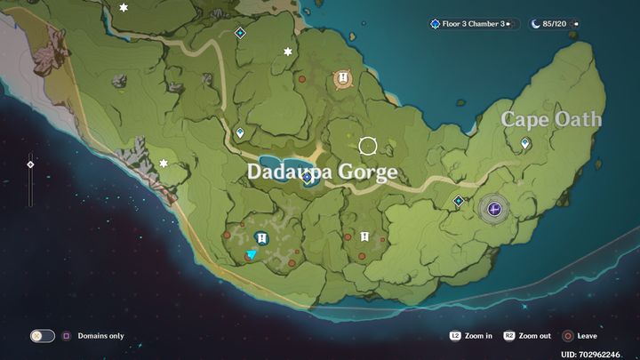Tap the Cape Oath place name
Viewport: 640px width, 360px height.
[551, 119]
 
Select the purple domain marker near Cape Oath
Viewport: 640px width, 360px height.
[495, 209]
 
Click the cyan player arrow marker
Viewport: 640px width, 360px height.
[252, 254]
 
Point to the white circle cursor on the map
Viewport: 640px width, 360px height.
[368, 145]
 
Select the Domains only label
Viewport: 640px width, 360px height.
[100, 336]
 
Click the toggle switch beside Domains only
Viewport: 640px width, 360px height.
[43, 336]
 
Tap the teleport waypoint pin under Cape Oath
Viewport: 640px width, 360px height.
[525, 143]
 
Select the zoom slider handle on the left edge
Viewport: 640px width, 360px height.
[30, 164]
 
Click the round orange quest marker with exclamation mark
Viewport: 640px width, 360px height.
[342, 79]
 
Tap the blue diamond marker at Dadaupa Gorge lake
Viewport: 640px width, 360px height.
[307, 178]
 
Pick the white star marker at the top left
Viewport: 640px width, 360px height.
[124, 8]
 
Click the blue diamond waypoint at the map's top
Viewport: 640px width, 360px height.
[239, 33]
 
